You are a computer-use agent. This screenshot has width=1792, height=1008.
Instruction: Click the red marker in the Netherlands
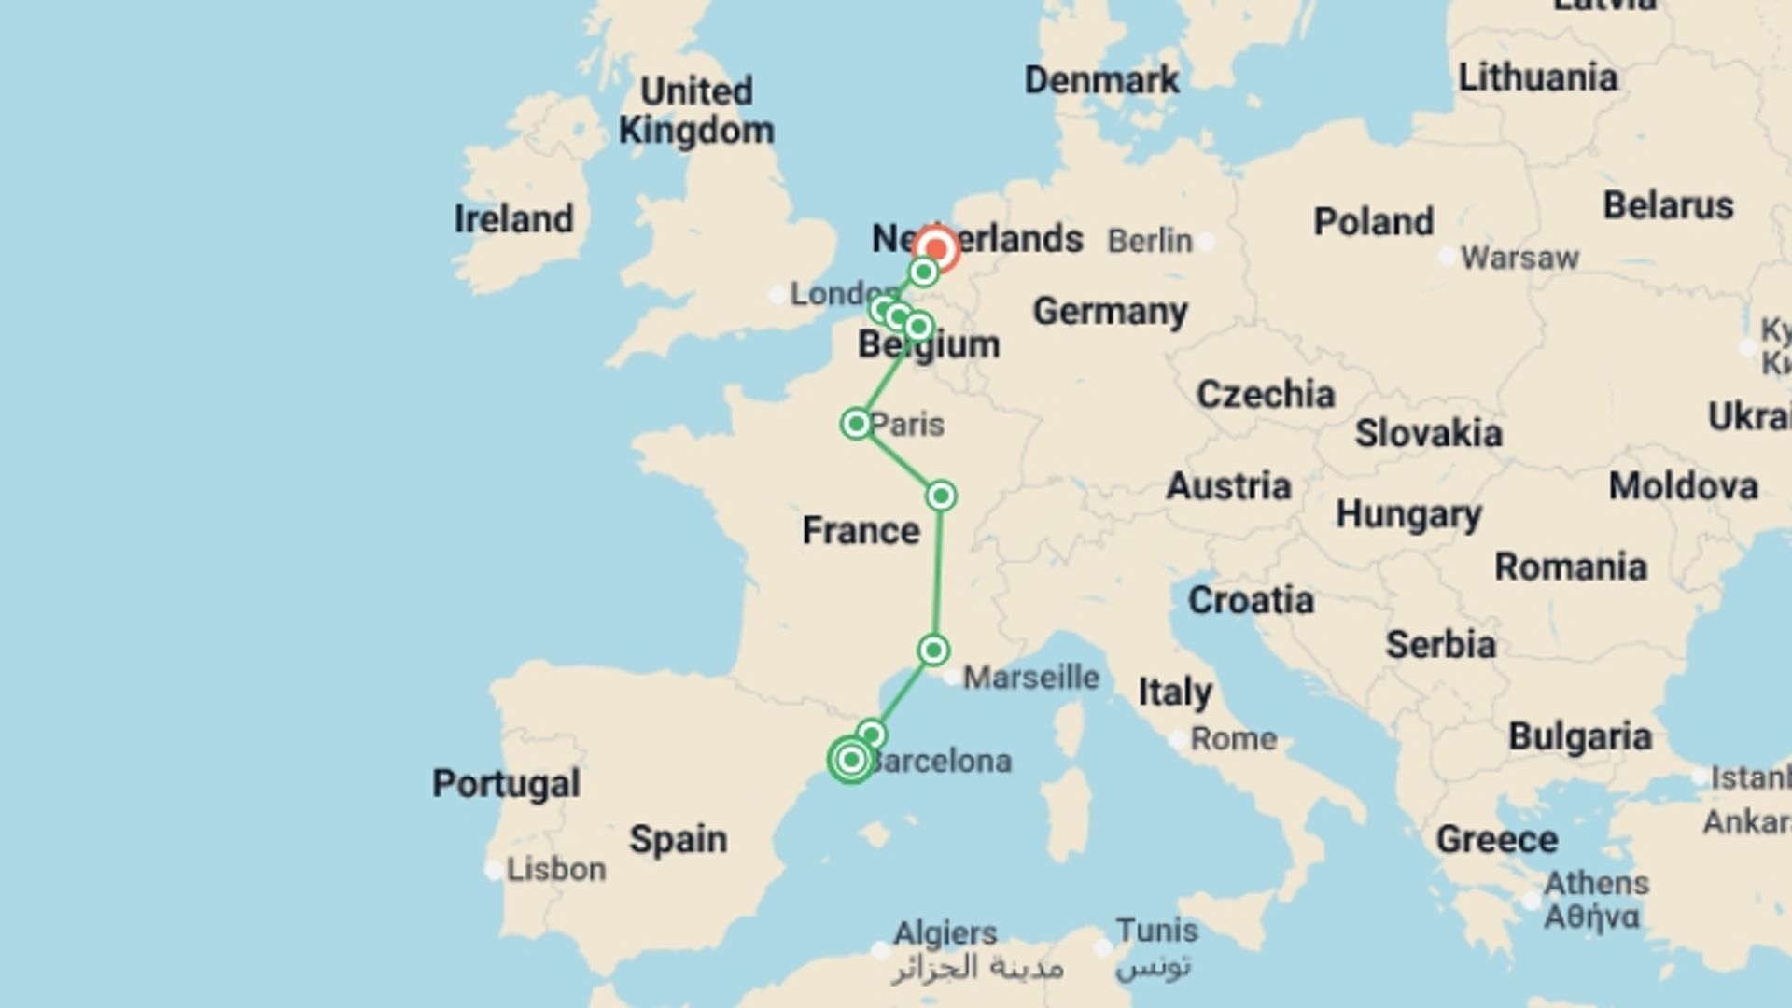[x=935, y=249]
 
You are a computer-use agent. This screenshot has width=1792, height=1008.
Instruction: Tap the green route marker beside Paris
[x=856, y=424]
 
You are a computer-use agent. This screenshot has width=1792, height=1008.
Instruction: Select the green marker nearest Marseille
[x=933, y=650]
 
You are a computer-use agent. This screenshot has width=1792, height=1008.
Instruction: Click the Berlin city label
[x=1150, y=241]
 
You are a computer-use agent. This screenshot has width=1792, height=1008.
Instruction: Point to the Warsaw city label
[x=1519, y=258]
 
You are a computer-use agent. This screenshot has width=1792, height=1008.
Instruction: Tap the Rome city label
[x=1233, y=739]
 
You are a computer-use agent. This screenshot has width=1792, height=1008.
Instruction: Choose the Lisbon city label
[x=555, y=870]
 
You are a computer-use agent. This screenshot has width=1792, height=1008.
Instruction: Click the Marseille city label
[x=1031, y=677]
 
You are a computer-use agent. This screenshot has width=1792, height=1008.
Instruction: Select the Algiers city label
[x=945, y=932]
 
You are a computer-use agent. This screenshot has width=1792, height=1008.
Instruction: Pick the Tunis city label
[x=1156, y=931]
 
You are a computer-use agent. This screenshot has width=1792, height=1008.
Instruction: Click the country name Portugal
[x=506, y=783]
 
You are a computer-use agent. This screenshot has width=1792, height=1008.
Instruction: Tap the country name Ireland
[x=513, y=219]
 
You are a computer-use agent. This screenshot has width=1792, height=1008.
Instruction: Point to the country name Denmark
[x=1101, y=80]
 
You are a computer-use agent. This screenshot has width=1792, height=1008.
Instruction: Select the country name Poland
[x=1373, y=222]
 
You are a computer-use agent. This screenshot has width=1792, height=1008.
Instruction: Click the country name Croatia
[x=1251, y=600]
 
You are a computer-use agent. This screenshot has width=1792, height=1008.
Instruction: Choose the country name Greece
[x=1496, y=839]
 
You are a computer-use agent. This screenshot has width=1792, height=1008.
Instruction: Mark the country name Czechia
[x=1266, y=395]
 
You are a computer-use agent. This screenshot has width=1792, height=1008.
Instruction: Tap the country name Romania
[x=1571, y=567]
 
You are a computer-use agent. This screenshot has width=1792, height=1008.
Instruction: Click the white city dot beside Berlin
[x=1207, y=242]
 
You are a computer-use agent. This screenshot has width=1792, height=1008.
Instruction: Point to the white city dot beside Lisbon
[x=493, y=871]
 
